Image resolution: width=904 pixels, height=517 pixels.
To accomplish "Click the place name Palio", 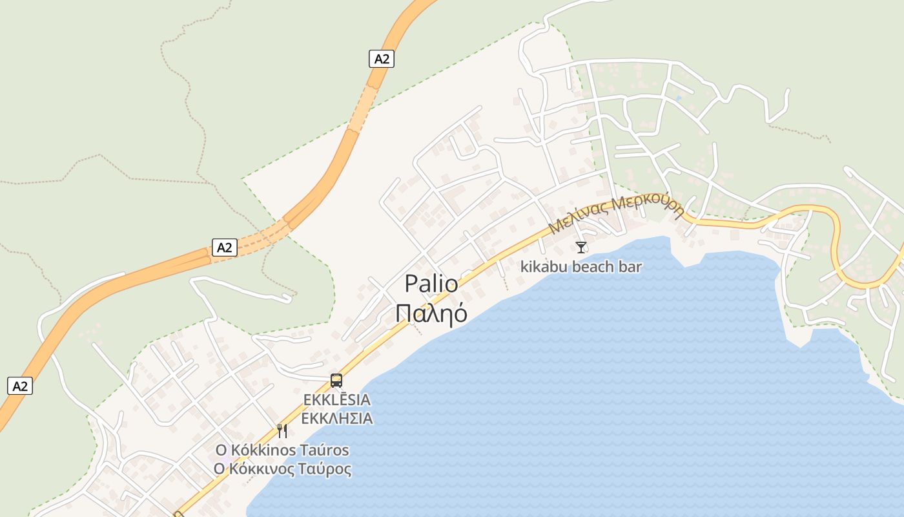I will (431, 284).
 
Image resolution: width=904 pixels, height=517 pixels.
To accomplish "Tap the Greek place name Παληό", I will (431, 312).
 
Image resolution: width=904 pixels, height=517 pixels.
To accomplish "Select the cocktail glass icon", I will (581, 247).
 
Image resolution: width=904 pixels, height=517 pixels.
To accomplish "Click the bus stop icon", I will (336, 380).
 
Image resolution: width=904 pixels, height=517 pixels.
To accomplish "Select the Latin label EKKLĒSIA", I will (337, 400).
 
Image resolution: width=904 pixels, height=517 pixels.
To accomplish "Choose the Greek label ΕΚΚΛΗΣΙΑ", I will (337, 418).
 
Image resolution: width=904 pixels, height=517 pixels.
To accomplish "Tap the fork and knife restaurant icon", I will (282, 430).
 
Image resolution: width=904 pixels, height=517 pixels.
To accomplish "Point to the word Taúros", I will (324, 450).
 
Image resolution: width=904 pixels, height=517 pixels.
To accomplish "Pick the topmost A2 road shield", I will (382, 59).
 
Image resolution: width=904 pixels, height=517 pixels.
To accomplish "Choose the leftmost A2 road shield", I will (20, 386).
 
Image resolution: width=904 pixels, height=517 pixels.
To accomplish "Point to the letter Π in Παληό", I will (404, 312).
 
